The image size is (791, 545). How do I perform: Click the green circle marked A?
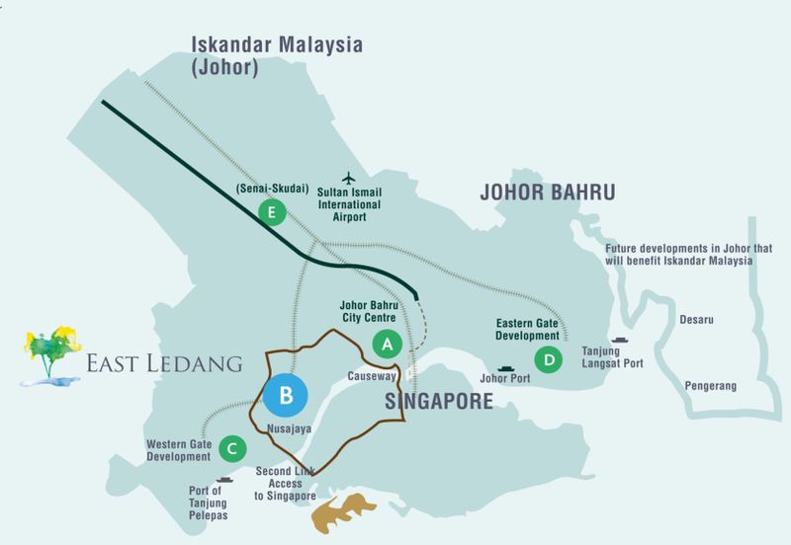(387, 344)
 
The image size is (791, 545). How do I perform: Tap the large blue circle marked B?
(286, 397)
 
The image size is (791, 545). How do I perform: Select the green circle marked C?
(230, 449)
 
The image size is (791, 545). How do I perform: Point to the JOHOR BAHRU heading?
(548, 191)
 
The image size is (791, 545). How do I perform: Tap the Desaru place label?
(696, 320)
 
